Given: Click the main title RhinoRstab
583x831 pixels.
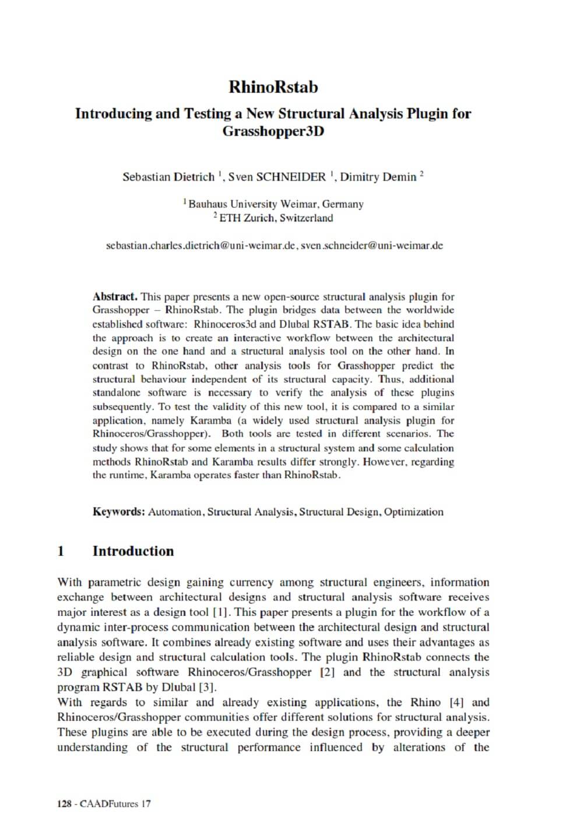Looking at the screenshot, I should [x=273, y=87].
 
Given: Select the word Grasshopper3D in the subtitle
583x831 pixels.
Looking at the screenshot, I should [x=273, y=131].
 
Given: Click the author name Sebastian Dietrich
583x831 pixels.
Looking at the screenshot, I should [x=168, y=177].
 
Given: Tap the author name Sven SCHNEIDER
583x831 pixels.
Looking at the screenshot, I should [x=278, y=177].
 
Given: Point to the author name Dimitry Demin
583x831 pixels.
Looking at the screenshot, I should [x=378, y=177].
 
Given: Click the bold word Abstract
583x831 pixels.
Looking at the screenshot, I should [x=115, y=296].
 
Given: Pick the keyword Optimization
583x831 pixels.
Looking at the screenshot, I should [x=414, y=512].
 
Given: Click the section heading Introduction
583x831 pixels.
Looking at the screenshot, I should [x=133, y=551].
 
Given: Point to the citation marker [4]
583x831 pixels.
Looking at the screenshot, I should [x=456, y=702].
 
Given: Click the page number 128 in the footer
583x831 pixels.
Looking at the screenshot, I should [x=64, y=804].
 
